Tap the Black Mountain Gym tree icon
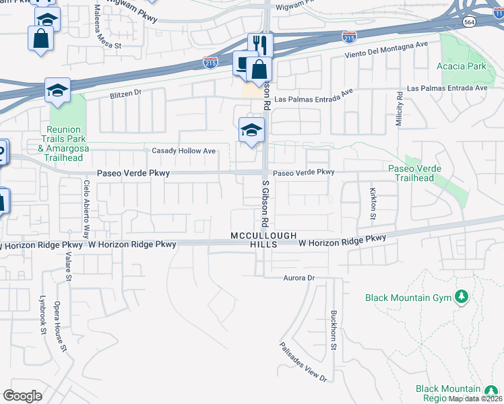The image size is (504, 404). click(462, 296)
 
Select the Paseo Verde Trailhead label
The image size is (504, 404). click(415, 173)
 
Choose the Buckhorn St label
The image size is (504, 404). click(333, 330)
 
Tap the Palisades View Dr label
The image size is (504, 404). click(304, 362)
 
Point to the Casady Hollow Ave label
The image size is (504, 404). click(184, 151)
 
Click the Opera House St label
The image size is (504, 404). click(61, 327)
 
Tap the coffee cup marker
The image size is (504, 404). click(241, 63)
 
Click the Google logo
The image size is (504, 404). click(22, 396)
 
